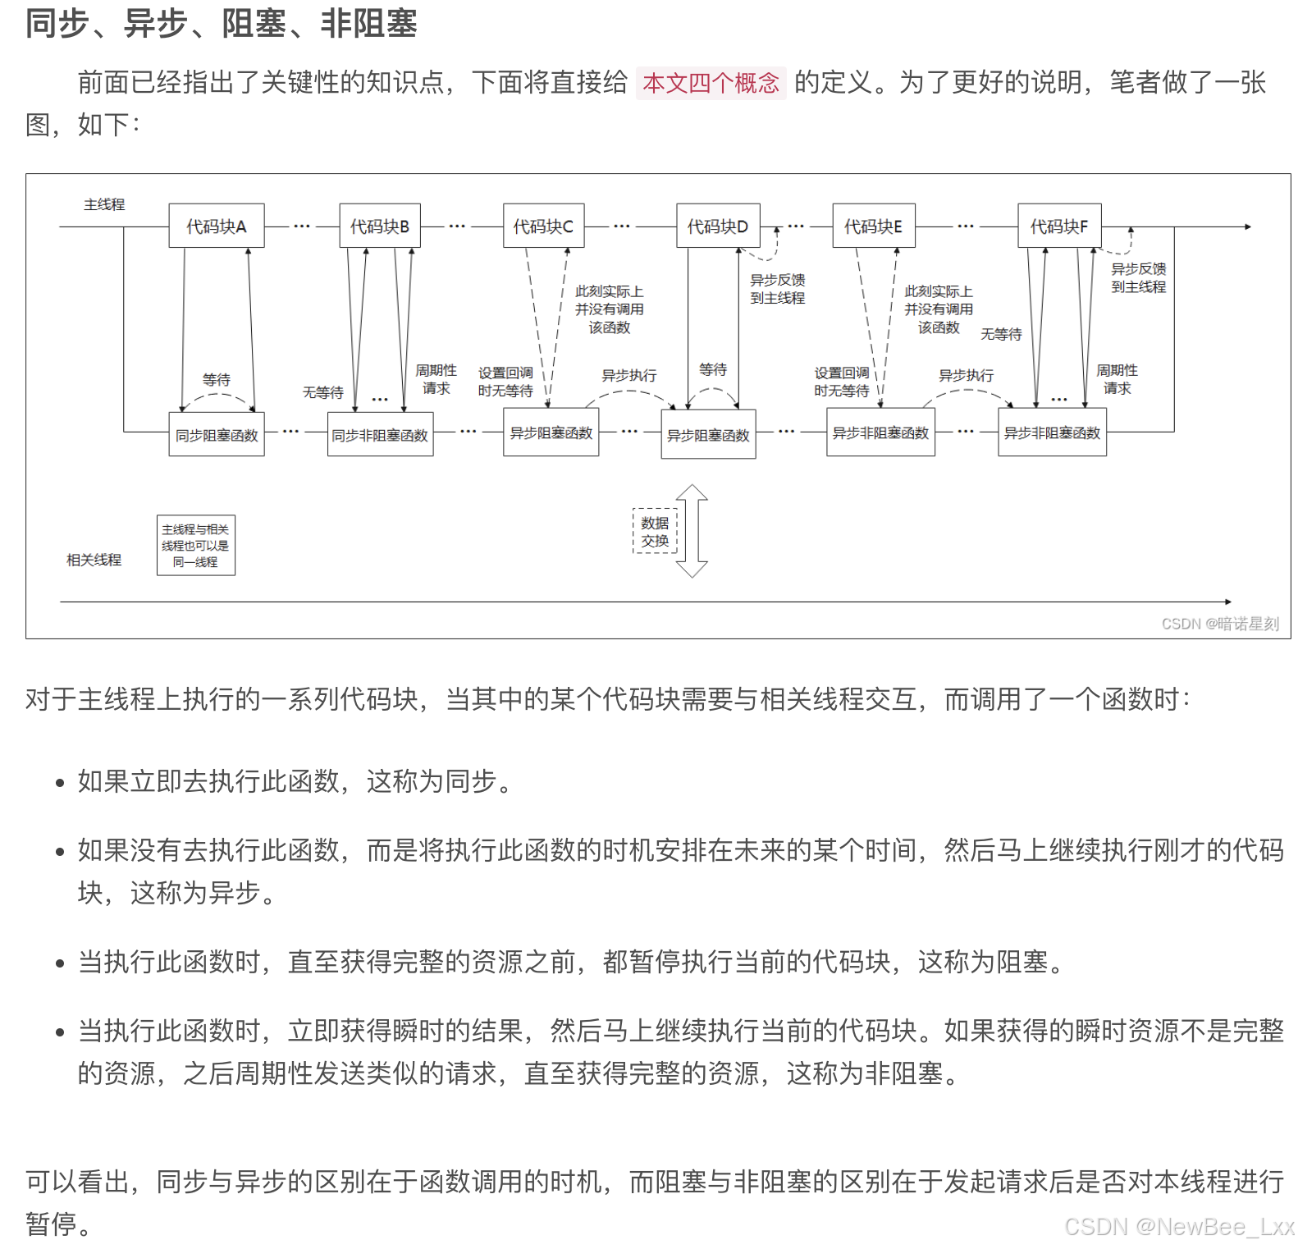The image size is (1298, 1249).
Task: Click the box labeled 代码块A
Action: click(x=217, y=226)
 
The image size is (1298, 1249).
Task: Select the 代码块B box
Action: click(x=380, y=226)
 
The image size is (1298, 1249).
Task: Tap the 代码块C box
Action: click(x=543, y=226)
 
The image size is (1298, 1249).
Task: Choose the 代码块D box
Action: click(x=718, y=226)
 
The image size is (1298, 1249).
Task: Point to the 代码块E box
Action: click(x=873, y=226)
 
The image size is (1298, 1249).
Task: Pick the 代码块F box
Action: click(x=1059, y=226)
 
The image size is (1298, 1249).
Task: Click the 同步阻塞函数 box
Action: click(x=217, y=435)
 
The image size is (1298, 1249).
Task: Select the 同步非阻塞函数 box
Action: click(x=380, y=435)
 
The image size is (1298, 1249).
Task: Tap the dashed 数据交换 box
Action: click(x=655, y=532)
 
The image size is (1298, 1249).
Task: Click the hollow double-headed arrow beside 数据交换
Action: click(x=692, y=531)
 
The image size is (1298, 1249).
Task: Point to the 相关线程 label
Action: click(x=94, y=560)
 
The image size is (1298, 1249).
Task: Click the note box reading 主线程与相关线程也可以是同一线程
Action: click(x=195, y=546)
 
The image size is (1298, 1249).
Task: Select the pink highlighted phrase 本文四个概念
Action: click(x=711, y=83)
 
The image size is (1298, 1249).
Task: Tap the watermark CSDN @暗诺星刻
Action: click(x=1220, y=624)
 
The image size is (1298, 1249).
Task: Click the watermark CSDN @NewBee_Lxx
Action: click(x=1179, y=1226)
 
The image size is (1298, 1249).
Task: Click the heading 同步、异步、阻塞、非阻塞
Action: click(x=222, y=23)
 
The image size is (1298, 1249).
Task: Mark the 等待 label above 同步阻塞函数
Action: click(x=217, y=379)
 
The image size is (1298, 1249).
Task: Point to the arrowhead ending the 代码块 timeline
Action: click(x=1248, y=226)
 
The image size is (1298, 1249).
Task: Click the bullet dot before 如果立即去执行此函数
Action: click(x=60, y=783)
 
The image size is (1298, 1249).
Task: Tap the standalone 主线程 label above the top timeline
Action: click(x=104, y=204)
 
